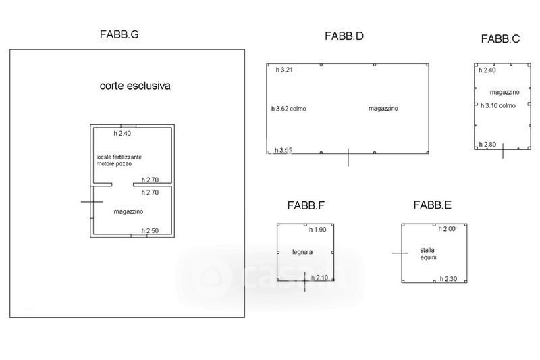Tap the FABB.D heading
344,36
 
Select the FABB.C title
500,39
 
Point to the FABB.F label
306,206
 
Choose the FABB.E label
433,205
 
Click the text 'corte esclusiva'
135,86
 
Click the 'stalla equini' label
428,253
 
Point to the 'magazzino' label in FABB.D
383,108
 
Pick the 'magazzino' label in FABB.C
504,91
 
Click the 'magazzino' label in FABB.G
128,211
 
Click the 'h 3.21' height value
286,70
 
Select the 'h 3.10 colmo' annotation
497,105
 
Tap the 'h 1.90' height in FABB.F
317,230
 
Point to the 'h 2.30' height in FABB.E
449,278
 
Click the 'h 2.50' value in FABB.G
150,231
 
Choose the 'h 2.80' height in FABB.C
487,144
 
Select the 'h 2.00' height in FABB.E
447,229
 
